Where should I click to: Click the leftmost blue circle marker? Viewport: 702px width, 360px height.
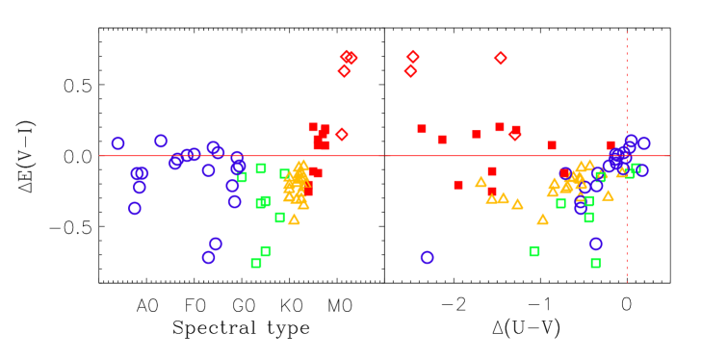point(118,143)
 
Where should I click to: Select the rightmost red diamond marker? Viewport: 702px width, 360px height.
point(514,135)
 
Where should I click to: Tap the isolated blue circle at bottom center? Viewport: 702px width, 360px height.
point(427,257)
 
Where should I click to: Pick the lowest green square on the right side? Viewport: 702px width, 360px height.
point(595,263)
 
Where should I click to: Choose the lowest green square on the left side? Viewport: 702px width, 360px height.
point(256,263)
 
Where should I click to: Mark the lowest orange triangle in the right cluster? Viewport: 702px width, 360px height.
point(542,219)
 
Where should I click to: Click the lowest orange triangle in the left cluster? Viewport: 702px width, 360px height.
point(294,219)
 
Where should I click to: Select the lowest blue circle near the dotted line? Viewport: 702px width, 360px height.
point(596,244)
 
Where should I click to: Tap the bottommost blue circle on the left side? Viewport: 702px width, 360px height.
point(209,258)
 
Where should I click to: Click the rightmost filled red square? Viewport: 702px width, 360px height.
point(611,145)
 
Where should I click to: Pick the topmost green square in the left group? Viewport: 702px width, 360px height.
point(261,168)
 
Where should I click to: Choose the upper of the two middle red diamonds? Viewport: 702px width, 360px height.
point(413,57)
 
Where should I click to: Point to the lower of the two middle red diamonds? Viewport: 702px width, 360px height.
point(411,70)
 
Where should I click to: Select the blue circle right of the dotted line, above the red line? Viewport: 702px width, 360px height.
point(643,143)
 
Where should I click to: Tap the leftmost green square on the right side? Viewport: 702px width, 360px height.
point(534,251)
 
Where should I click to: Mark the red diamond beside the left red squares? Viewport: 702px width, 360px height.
point(342,135)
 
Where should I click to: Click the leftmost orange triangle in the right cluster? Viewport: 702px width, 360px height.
point(481,182)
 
